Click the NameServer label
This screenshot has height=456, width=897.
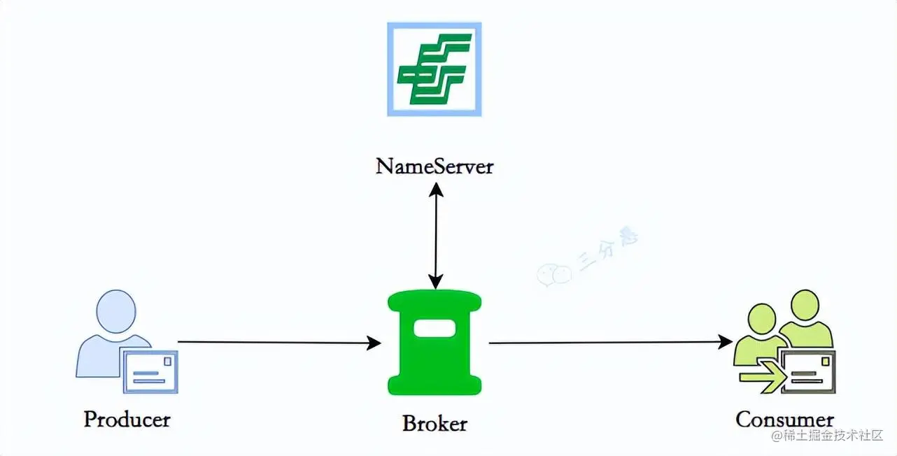coord(435,166)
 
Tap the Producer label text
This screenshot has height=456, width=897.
coord(127,419)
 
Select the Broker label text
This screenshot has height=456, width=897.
coord(435,423)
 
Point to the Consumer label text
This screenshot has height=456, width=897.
coord(784,420)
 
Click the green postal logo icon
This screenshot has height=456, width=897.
coord(435,69)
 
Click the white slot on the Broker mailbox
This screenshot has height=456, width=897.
coord(435,327)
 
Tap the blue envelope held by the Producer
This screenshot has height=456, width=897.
coord(150,371)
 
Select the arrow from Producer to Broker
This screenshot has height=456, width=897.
coord(273,342)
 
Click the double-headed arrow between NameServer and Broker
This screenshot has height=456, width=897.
coord(435,236)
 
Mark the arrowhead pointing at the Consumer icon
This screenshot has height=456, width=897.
coord(726,342)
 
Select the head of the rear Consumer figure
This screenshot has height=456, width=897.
coord(804,306)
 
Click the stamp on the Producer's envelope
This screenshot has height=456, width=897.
coord(167,361)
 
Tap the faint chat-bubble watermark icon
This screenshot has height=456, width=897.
coord(554,274)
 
